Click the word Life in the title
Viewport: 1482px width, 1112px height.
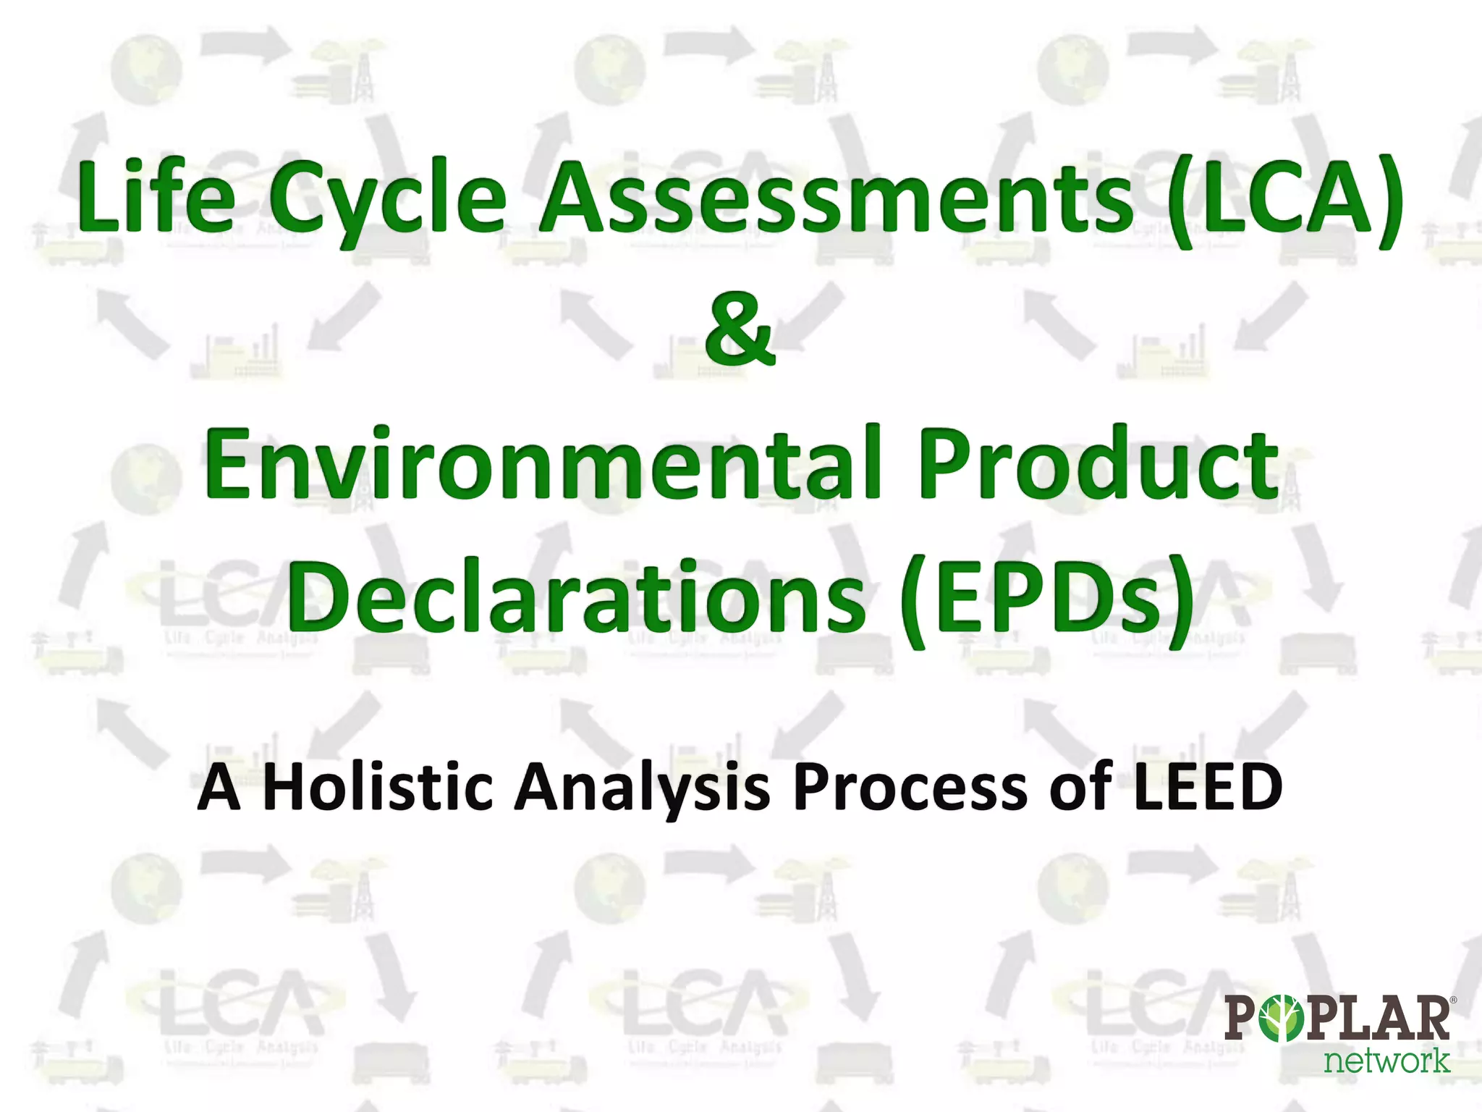pos(156,197)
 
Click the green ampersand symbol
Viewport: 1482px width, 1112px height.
pos(740,329)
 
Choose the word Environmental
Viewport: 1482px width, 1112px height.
pos(542,463)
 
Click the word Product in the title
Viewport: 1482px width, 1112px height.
pos(1098,463)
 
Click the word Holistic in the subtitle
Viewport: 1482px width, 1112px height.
pos(377,787)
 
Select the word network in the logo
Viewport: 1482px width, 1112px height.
pos(1386,1061)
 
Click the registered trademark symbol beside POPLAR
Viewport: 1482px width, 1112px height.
pos(1453,1000)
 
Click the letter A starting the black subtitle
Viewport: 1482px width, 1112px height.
pos(219,788)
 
